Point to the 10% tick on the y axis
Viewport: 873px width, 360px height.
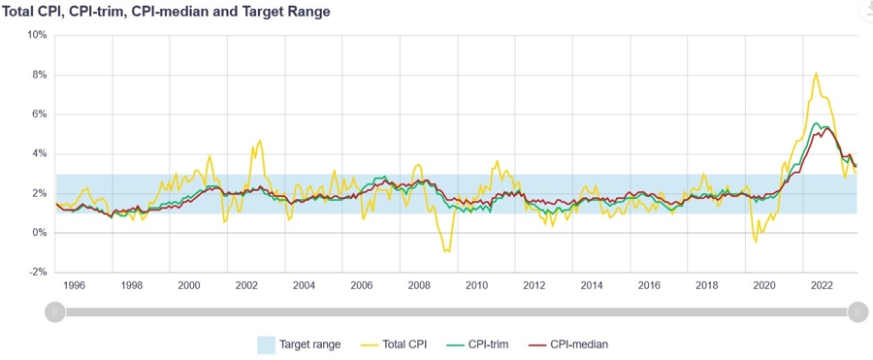(36, 35)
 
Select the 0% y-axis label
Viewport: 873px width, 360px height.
(39, 233)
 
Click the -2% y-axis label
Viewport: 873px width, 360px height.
(37, 273)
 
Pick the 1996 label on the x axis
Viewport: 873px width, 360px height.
(74, 286)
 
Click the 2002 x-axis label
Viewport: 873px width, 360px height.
(246, 286)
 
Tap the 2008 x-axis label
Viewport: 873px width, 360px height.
(419, 286)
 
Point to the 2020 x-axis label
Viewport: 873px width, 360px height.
(764, 286)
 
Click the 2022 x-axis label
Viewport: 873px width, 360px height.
(822, 286)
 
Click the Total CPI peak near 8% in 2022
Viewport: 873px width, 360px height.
(816, 73)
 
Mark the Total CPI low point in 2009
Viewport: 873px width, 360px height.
(447, 251)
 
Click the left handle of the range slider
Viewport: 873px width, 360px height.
(55, 311)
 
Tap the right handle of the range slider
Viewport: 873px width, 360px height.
(857, 311)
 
